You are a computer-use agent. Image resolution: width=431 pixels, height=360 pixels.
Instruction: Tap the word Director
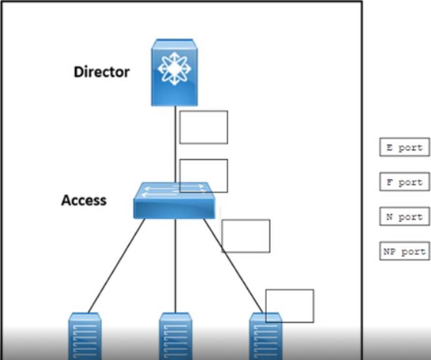click(x=101, y=72)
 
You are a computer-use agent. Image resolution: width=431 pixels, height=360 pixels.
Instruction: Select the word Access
click(x=84, y=200)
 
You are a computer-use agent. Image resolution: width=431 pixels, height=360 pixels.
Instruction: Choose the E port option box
click(x=404, y=147)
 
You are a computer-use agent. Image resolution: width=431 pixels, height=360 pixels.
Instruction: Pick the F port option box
click(x=404, y=182)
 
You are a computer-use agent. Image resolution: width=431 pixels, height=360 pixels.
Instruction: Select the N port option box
click(x=404, y=217)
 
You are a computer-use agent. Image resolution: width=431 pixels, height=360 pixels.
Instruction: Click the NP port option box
click(x=404, y=252)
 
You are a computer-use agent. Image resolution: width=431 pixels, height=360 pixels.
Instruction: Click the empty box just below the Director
click(x=204, y=127)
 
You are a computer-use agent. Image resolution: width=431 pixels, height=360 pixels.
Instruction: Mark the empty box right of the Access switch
click(x=246, y=236)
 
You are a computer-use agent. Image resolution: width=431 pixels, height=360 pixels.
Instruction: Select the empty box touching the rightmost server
click(x=289, y=306)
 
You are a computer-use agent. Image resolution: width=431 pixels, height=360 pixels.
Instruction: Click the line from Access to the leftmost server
click(x=116, y=266)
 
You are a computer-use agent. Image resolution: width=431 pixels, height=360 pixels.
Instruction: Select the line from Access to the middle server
click(x=175, y=266)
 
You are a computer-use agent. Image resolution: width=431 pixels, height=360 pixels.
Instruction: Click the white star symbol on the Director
click(x=174, y=69)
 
